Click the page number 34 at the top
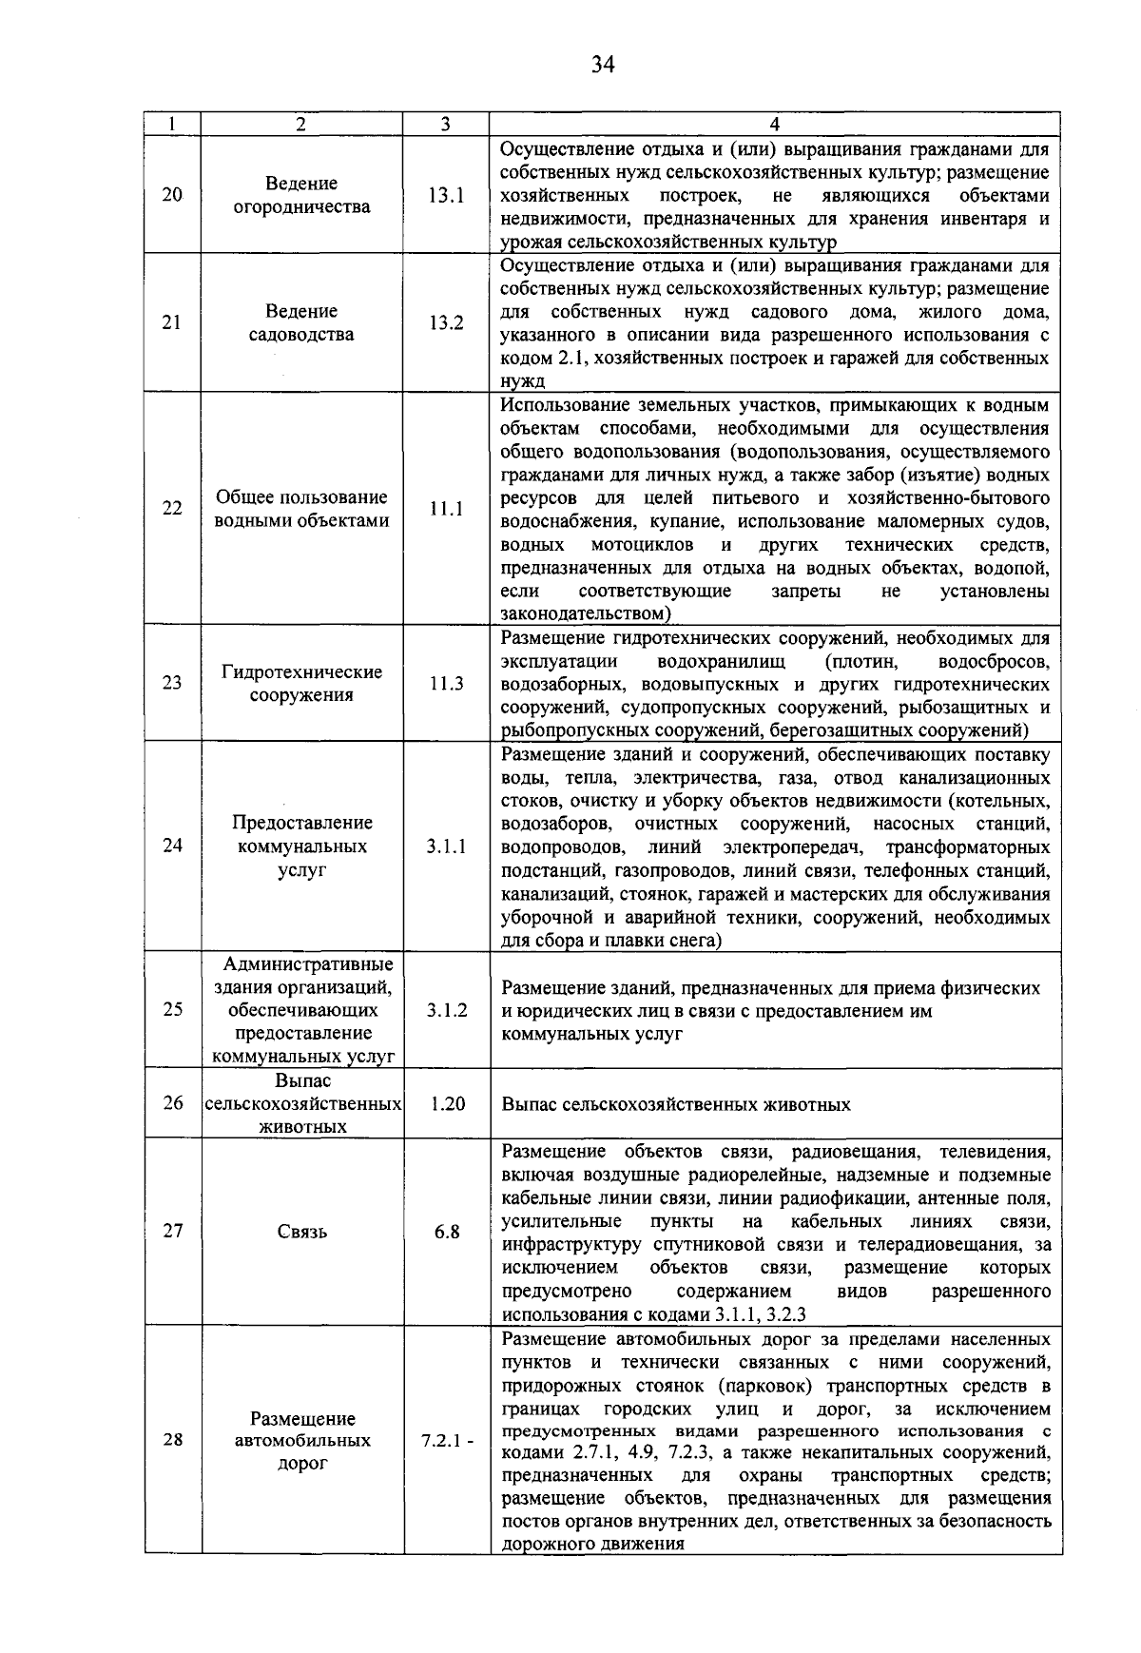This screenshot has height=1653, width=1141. pyautogui.click(x=603, y=64)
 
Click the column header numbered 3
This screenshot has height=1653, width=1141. pyautogui.click(x=445, y=124)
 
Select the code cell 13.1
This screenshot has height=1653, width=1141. pyautogui.click(x=445, y=195)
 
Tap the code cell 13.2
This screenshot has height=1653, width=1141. pyautogui.click(x=445, y=322)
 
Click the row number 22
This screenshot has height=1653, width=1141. pyautogui.click(x=172, y=508)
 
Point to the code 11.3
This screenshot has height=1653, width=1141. pyautogui.click(x=445, y=683)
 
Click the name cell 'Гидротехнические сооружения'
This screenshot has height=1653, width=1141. pyautogui.click(x=301, y=683)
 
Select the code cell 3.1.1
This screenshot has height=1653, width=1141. pyautogui.click(x=445, y=846)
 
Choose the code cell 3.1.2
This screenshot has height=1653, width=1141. pyautogui.click(x=445, y=1010)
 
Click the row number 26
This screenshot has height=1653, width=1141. pyautogui.click(x=172, y=1103)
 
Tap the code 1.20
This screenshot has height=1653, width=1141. pyautogui.click(x=447, y=1103)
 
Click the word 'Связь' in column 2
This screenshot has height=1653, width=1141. pyautogui.click(x=301, y=1232)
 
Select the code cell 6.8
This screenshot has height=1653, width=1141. pyautogui.click(x=447, y=1232)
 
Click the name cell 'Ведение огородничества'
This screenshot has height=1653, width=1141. pyautogui.click(x=301, y=195)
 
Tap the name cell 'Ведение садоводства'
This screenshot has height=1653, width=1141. pyautogui.click(x=301, y=322)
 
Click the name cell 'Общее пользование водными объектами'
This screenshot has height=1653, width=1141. pyautogui.click(x=301, y=508)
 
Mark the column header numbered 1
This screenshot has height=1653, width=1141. pyautogui.click(x=171, y=124)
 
